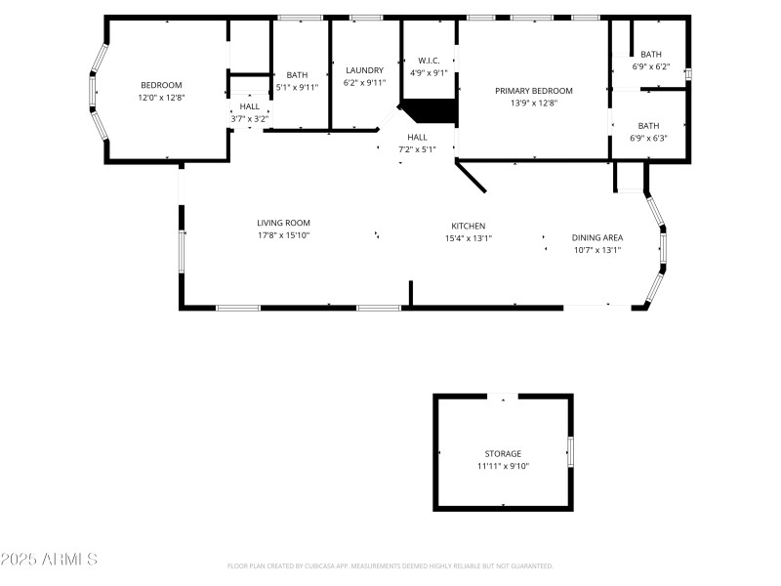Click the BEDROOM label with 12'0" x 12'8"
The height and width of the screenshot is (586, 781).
pyautogui.click(x=161, y=85)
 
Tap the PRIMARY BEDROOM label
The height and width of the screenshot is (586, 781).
pyautogui.click(x=533, y=91)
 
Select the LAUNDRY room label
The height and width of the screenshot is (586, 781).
pyautogui.click(x=364, y=70)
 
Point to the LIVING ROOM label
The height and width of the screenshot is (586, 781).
pyautogui.click(x=283, y=223)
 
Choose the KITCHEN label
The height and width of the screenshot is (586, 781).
pyautogui.click(x=468, y=226)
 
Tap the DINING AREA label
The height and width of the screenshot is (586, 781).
pyautogui.click(x=596, y=237)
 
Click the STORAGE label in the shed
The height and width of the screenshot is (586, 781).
pyautogui.click(x=503, y=454)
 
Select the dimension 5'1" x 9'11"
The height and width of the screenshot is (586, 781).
pyautogui.click(x=296, y=86)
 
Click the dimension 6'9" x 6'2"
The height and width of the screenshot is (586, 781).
pyautogui.click(x=650, y=66)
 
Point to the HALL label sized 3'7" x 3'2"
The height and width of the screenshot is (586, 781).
pyautogui.click(x=249, y=106)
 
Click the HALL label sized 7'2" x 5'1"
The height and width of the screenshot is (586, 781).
pyautogui.click(x=417, y=137)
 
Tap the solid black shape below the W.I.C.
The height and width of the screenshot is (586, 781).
pyautogui.click(x=433, y=110)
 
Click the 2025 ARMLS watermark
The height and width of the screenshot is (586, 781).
pyautogui.click(x=49, y=560)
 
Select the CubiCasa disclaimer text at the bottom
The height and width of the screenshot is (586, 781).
pyautogui.click(x=390, y=566)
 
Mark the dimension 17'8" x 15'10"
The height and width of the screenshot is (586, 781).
pyautogui.click(x=283, y=235)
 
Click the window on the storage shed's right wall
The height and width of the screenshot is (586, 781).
pyautogui.click(x=570, y=451)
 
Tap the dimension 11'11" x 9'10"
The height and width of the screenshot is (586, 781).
pyautogui.click(x=503, y=466)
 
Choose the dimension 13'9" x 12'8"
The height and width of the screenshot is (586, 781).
pyautogui.click(x=533, y=103)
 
